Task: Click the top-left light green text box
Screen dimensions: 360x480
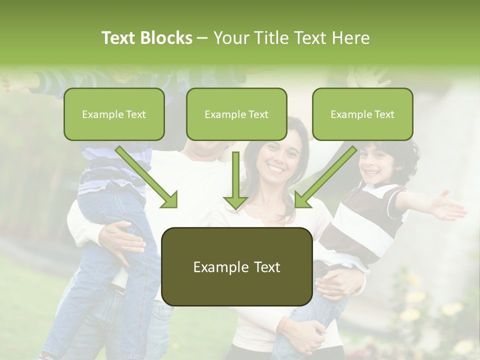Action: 114,114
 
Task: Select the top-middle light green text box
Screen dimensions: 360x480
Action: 236,114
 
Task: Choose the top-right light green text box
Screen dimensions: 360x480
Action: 362,114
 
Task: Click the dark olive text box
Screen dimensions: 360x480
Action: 236,266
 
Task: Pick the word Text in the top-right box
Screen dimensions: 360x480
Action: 384,114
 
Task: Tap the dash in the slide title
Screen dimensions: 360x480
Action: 202,38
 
